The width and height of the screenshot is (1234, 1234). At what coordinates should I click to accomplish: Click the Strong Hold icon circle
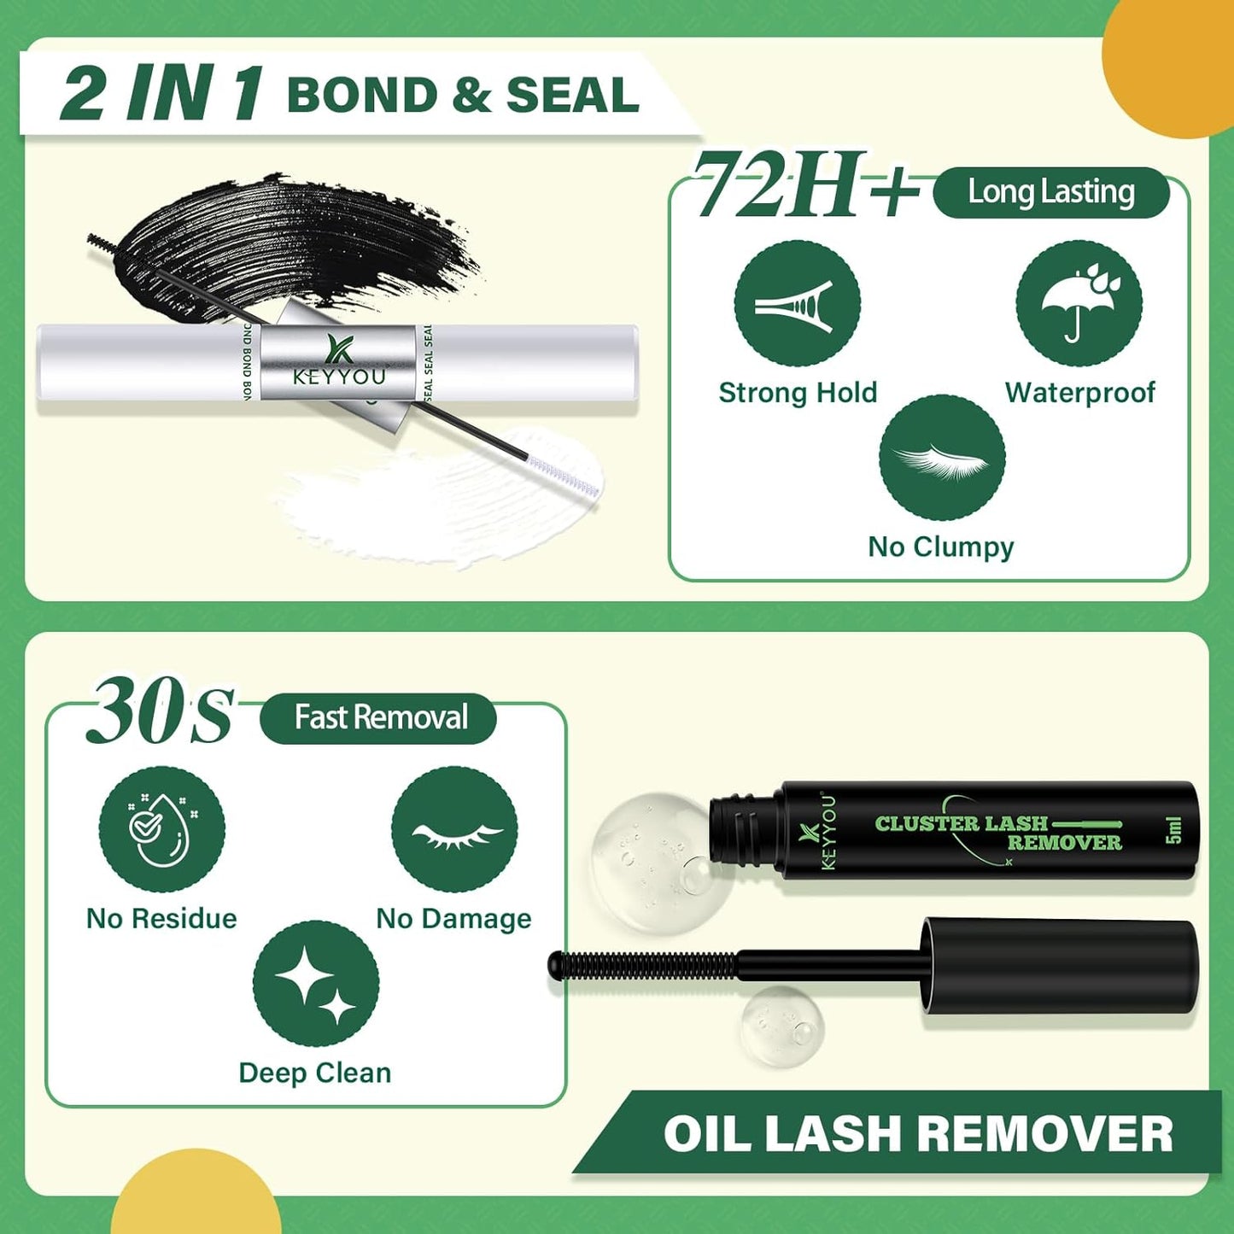(x=797, y=304)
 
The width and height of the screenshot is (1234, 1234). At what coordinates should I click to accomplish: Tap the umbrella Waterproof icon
(x=1079, y=304)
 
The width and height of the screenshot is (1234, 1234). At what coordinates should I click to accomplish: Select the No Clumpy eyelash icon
(x=941, y=459)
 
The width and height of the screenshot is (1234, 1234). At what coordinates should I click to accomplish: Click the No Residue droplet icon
(x=161, y=829)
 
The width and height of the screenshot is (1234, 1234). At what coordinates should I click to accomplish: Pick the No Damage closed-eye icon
(x=454, y=829)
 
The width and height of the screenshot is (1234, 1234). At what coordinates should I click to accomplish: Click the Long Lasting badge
(x=1050, y=192)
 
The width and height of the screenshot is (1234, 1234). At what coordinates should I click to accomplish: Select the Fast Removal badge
(x=379, y=717)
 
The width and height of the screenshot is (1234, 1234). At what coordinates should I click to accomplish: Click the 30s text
(x=160, y=711)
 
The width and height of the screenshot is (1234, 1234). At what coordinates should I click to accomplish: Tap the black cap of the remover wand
(x=1059, y=966)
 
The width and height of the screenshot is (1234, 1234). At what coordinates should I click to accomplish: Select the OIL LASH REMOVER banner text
(x=918, y=1134)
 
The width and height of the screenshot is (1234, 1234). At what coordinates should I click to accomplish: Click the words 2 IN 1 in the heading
(x=162, y=93)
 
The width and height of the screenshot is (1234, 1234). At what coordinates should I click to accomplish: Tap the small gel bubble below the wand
(x=781, y=1026)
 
